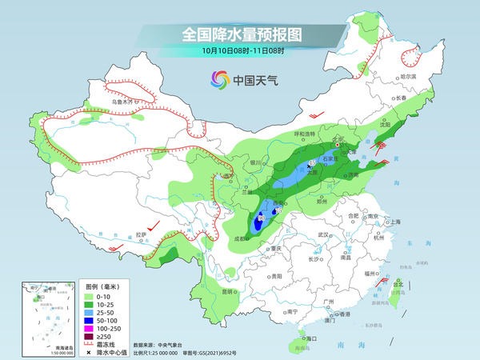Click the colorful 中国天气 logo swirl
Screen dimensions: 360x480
(x=219, y=79)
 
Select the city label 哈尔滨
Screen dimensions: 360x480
(x=408, y=75)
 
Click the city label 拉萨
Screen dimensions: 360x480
(x=141, y=234)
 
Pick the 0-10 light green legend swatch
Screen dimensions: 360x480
(x=90, y=297)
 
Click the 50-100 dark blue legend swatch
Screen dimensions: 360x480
(x=90, y=323)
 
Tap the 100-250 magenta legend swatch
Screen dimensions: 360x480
(x=90, y=332)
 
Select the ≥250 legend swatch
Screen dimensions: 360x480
(x=90, y=341)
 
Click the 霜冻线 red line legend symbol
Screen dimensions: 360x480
(x=90, y=349)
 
